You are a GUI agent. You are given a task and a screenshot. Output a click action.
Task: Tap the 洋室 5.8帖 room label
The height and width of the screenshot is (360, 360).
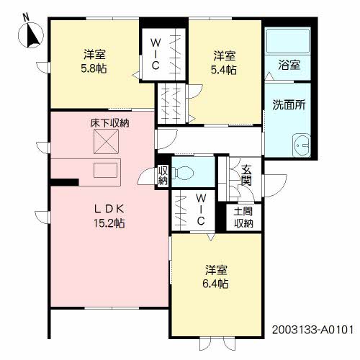click(x=94, y=61)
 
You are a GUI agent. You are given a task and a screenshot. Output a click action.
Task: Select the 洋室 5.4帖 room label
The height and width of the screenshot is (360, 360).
click(x=224, y=63)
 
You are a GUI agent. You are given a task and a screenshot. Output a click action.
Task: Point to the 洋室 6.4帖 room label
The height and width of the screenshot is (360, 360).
click(x=216, y=276)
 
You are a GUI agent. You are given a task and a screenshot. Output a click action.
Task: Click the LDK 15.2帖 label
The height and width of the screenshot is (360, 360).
click(x=109, y=216)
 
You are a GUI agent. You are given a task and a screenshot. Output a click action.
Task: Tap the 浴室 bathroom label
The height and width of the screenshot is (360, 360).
click(x=289, y=65)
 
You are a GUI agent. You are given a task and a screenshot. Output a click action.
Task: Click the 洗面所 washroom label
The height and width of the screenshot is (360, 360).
click(x=289, y=105)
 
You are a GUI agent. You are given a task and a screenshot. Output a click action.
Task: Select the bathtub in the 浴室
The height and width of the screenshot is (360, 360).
click(x=288, y=40)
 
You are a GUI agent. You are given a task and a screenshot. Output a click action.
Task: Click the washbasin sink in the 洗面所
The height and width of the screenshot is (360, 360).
click(x=302, y=145)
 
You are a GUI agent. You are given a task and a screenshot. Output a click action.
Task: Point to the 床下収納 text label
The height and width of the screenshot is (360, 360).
click(x=109, y=123)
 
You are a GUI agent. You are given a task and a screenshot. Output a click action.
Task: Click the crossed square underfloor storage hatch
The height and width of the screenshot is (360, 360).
click(x=106, y=141)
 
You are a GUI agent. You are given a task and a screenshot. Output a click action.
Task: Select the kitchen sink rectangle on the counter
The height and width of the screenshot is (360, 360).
click(x=105, y=170)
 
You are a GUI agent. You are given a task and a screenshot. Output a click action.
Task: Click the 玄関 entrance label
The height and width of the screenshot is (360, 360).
click(x=246, y=176)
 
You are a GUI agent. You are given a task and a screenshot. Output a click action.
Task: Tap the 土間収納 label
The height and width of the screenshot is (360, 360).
click(x=243, y=217)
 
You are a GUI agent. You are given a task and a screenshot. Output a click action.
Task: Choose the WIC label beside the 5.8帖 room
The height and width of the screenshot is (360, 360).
click(x=156, y=54)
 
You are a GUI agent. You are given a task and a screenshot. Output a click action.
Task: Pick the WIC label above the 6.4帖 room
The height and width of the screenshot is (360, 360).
click(x=201, y=210)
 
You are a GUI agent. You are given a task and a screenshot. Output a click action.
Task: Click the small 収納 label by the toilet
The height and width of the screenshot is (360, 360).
click(x=163, y=176)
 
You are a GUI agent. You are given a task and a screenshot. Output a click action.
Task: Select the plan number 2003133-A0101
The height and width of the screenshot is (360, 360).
click(x=312, y=330)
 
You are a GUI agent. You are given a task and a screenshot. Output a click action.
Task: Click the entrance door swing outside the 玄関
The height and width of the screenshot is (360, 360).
click(x=276, y=186)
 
